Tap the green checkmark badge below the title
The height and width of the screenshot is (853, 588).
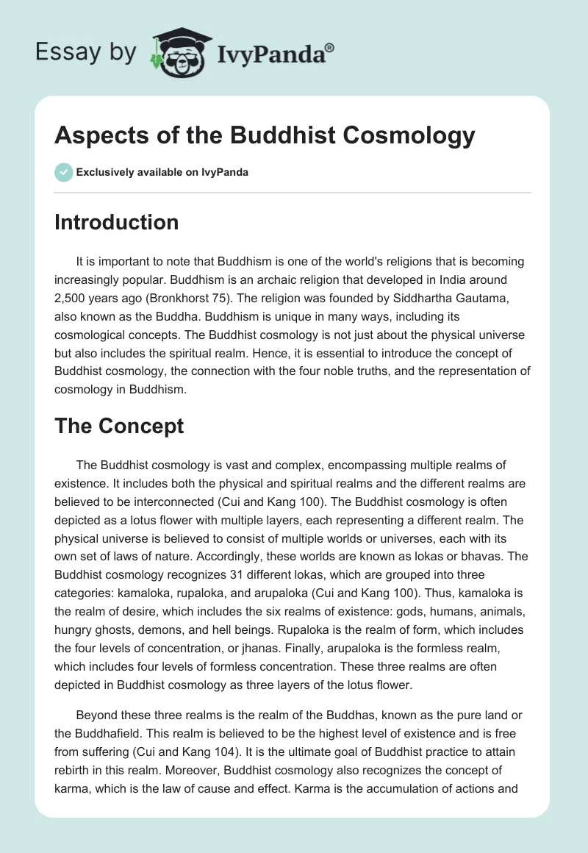tap(64, 172)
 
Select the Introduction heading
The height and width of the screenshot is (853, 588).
tap(116, 222)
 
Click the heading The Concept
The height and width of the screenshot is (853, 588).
tap(119, 425)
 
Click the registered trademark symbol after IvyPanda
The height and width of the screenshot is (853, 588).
tap(330, 46)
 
